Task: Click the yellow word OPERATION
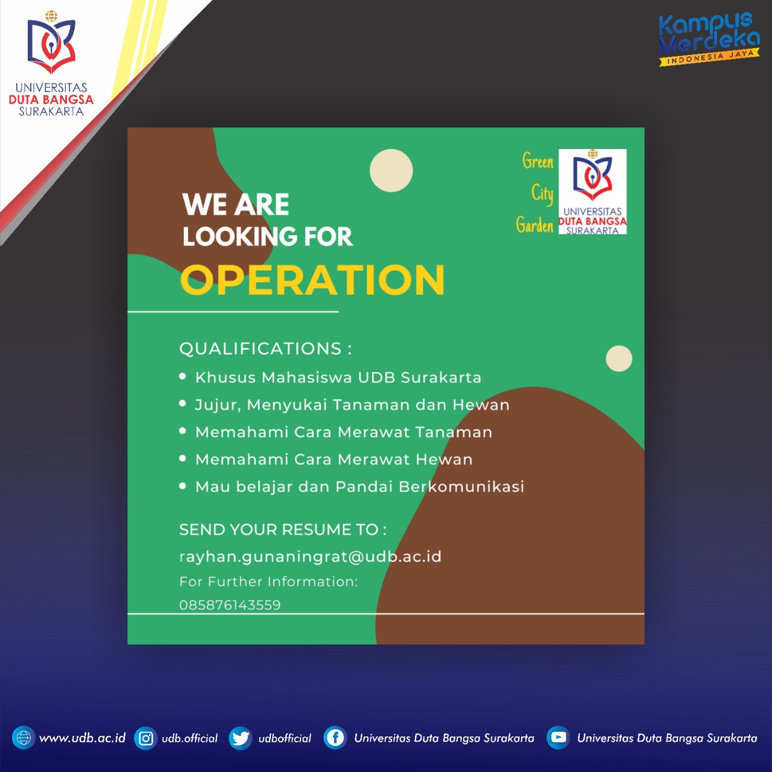tap(312, 280)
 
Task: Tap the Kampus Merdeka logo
tap(709, 39)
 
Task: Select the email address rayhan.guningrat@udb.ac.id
tap(310, 557)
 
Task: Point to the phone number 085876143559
tap(230, 605)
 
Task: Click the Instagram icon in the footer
tap(145, 738)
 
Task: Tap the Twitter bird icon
tap(241, 738)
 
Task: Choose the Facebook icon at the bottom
tap(335, 738)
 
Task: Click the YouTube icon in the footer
tap(558, 738)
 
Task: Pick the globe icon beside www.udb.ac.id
tap(24, 738)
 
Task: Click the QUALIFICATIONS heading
tap(265, 349)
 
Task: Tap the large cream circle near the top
tap(391, 171)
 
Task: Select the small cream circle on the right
tap(619, 358)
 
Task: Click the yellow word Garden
tap(535, 225)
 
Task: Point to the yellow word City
tap(542, 194)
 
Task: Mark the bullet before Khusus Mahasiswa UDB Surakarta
tap(183, 376)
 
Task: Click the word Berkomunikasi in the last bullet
tap(461, 486)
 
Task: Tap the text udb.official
tap(189, 738)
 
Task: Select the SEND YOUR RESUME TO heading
tap(283, 530)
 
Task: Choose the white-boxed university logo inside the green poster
tap(592, 192)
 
